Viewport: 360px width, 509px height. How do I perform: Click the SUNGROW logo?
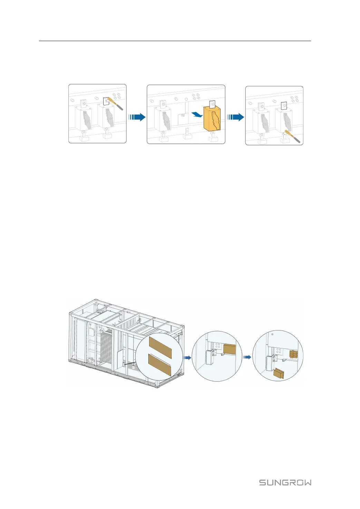point(285,482)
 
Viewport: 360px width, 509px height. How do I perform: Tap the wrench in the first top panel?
point(115,103)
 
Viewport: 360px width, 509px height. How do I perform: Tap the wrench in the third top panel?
point(294,137)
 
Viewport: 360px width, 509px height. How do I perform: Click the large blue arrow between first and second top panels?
point(137,117)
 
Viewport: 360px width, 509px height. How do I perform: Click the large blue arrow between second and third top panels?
point(236,117)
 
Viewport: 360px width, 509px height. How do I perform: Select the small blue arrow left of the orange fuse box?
point(197,115)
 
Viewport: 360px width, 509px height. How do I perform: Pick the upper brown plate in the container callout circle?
point(160,347)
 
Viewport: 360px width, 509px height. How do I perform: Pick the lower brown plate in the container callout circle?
point(159,365)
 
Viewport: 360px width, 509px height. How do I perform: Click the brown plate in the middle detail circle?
point(230,349)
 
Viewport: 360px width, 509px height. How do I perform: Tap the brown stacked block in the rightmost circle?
point(293,354)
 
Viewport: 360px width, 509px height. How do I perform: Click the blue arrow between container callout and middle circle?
point(187,358)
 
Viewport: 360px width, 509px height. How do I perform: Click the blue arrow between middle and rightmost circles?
point(247,357)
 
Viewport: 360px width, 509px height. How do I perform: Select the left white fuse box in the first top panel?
point(84,118)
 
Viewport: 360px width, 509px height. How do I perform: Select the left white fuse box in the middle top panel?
point(162,119)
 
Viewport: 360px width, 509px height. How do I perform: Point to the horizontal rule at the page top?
point(175,41)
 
